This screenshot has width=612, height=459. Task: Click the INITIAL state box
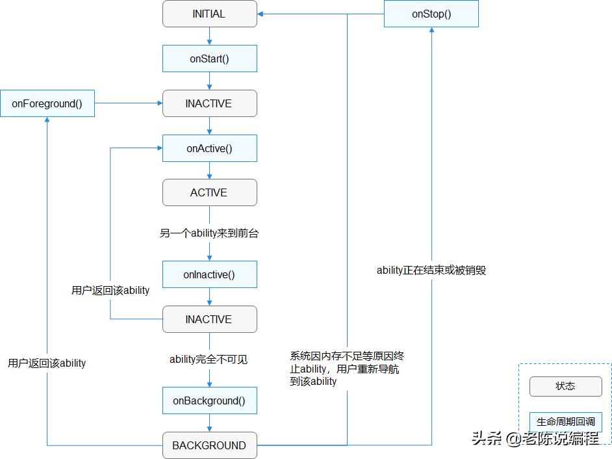click(x=209, y=14)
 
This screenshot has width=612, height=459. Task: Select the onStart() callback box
click(x=209, y=59)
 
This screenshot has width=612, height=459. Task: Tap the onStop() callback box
click(x=431, y=14)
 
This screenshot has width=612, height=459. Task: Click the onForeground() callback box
click(x=47, y=103)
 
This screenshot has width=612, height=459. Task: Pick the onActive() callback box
click(x=209, y=148)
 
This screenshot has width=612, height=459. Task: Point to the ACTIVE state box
click(x=209, y=192)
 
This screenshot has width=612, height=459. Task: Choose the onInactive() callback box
click(x=209, y=274)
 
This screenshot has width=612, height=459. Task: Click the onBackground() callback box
click(x=209, y=400)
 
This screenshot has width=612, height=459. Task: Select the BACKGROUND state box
click(x=209, y=445)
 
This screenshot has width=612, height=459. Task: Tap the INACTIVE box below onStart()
click(x=209, y=103)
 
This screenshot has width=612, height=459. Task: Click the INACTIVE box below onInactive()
click(x=209, y=319)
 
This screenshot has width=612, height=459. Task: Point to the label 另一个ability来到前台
click(x=209, y=233)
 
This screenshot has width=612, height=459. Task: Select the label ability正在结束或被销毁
click(x=431, y=270)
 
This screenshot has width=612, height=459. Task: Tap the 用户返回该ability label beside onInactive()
click(x=110, y=291)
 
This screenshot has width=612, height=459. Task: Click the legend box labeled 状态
click(x=565, y=386)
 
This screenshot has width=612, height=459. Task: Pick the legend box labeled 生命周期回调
click(x=565, y=422)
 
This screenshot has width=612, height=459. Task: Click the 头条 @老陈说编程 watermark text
click(x=535, y=439)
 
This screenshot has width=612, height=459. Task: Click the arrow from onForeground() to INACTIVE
click(x=129, y=103)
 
